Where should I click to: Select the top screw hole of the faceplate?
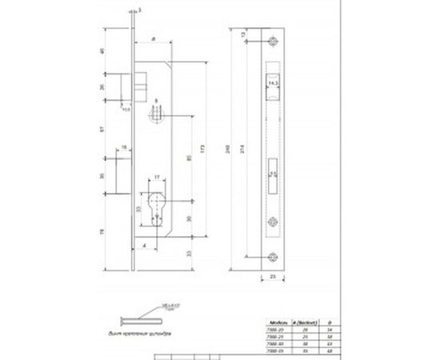[x=271, y=47]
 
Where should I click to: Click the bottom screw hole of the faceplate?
[x=271, y=255]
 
